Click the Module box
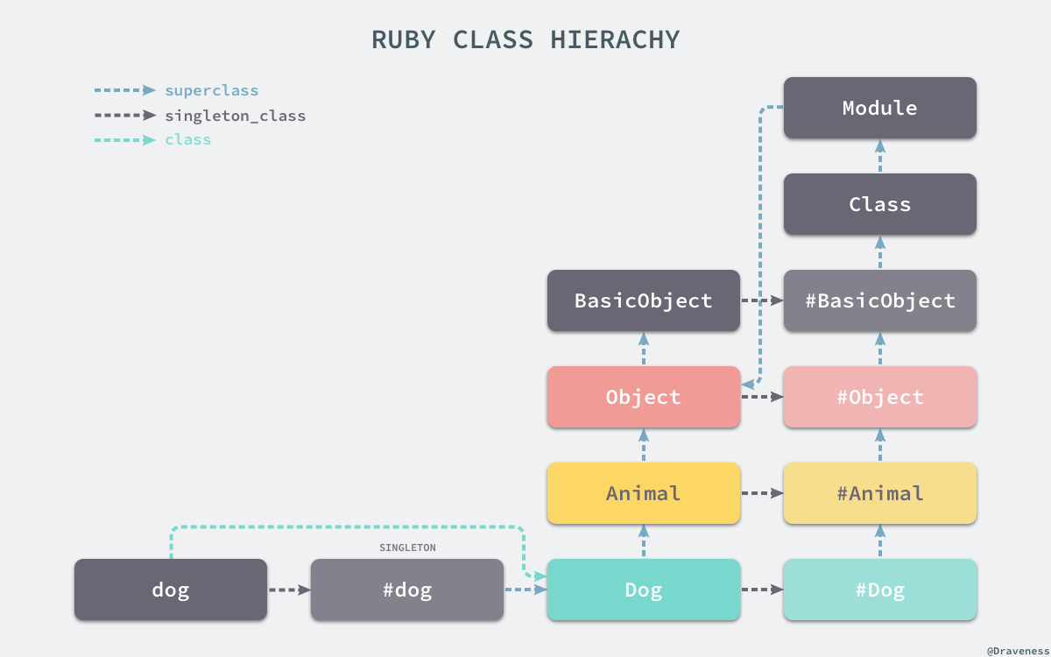[x=879, y=108]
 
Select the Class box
[x=879, y=204]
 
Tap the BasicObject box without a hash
[x=643, y=300]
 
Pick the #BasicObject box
[x=879, y=300]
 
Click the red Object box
[x=643, y=397]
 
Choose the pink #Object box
[x=879, y=397]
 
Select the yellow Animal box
[x=643, y=493]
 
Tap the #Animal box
[x=879, y=493]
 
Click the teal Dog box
[x=643, y=590]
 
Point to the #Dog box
[x=879, y=590]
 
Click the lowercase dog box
[x=170, y=590]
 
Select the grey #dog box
[x=406, y=590]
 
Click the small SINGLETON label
[x=407, y=547]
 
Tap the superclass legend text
[x=212, y=90]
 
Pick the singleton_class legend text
[x=236, y=116]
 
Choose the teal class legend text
[x=188, y=140]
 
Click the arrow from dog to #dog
[x=289, y=590]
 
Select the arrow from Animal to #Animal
[x=762, y=493]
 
